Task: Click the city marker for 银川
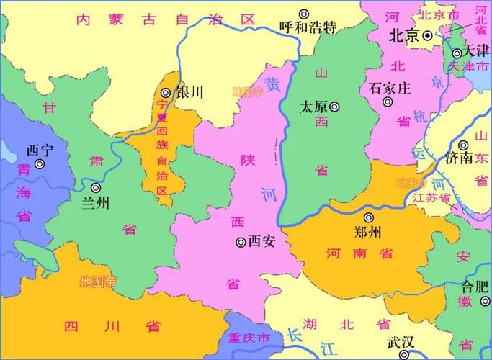(x=166, y=92)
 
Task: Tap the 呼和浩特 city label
(x=308, y=28)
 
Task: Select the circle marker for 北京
(x=427, y=35)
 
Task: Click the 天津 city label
(x=475, y=52)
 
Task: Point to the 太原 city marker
(x=334, y=106)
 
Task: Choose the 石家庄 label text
(x=389, y=89)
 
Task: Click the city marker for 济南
(x=464, y=145)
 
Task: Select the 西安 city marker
(x=241, y=242)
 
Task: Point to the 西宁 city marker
(x=40, y=164)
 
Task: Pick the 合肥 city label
(x=475, y=285)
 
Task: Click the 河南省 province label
(x=359, y=253)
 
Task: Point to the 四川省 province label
(x=112, y=326)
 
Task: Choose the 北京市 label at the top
(x=439, y=14)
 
